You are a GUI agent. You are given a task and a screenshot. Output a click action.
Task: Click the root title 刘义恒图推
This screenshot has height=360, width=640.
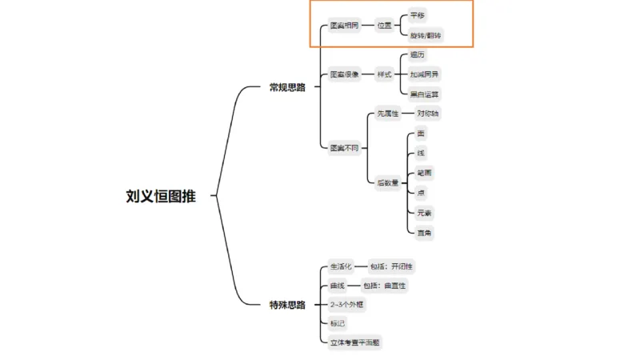pos(160,196)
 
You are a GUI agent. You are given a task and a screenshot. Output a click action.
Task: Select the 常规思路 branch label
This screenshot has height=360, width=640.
pos(287,87)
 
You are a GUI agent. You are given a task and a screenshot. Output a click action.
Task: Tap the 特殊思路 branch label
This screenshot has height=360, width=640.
pos(287,305)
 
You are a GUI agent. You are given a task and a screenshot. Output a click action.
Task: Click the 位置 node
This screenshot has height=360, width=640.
pos(386,26)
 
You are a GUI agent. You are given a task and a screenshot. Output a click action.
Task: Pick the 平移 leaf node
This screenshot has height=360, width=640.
pos(418,15)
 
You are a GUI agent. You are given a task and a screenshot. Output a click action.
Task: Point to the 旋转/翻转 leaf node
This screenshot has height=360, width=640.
pos(425,36)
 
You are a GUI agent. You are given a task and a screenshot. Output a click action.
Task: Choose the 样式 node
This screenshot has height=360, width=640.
pos(386,74)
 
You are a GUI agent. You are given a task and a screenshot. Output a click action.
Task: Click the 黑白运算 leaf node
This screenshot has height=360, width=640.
pos(424,94)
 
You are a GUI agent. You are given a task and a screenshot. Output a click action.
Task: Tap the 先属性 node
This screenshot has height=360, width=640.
pos(388,114)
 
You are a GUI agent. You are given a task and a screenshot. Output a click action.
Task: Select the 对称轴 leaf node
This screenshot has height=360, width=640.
pos(428,114)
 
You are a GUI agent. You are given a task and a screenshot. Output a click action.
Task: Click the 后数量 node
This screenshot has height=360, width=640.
pos(388,182)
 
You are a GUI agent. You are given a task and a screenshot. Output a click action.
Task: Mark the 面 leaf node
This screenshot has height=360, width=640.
pos(421,134)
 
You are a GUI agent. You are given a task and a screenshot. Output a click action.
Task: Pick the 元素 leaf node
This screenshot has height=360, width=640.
pos(424,213)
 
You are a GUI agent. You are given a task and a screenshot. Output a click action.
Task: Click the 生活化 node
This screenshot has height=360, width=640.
pos(340,266)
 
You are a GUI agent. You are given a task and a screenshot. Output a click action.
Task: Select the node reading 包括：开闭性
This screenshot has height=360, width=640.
pos(391,266)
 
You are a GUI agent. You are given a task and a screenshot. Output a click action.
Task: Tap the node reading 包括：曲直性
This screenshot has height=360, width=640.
pos(387,285)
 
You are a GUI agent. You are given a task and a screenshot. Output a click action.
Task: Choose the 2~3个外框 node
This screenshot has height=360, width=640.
pos(350,304)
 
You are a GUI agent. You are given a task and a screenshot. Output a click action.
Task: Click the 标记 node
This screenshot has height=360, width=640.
pos(338,323)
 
